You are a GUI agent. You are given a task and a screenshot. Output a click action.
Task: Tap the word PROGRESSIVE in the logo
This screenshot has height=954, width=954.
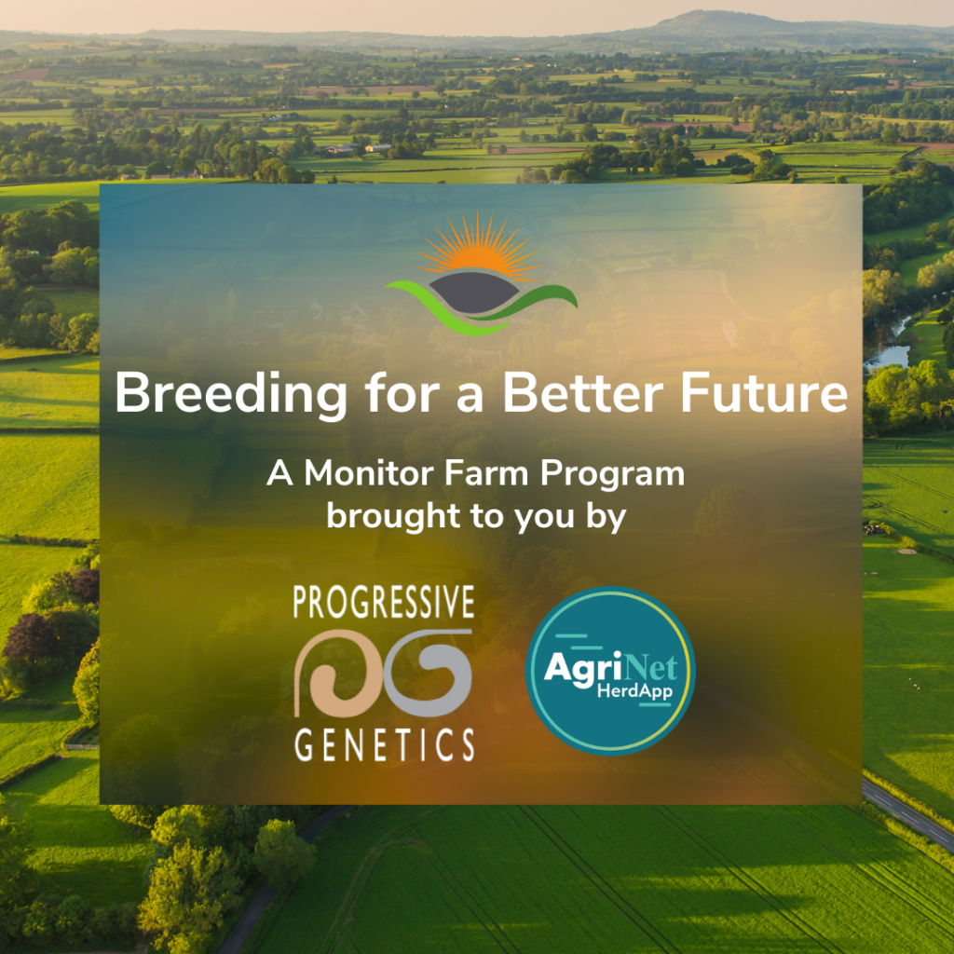(x=384, y=604)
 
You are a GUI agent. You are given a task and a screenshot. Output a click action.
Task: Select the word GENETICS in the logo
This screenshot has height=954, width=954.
(x=384, y=745)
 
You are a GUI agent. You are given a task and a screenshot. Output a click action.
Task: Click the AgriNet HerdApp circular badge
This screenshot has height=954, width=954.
(x=610, y=671)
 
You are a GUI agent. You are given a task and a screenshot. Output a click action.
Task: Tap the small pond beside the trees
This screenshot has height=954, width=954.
(x=891, y=355)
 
